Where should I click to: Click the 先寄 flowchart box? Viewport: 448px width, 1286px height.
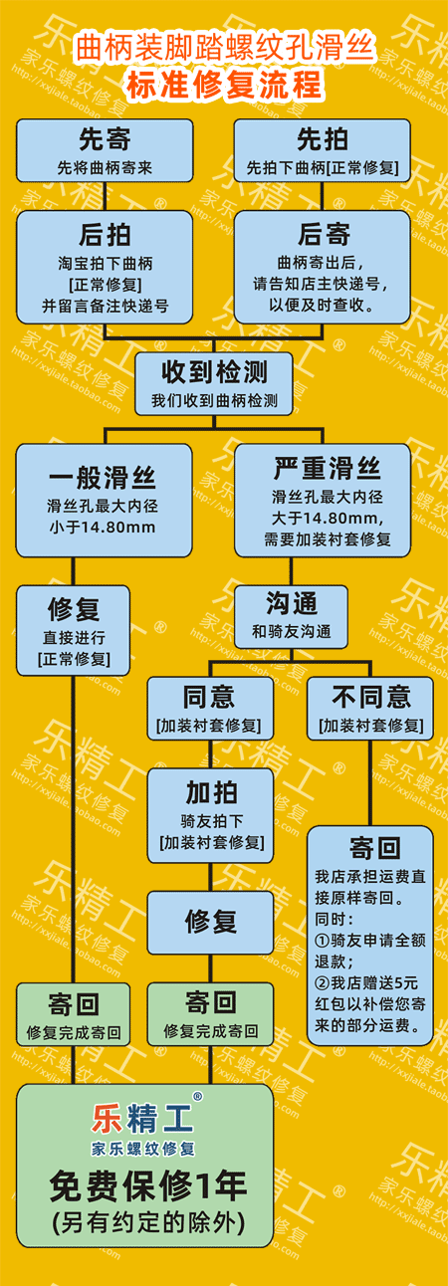(x=105, y=151)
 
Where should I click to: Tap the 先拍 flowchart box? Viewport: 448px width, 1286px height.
(x=323, y=151)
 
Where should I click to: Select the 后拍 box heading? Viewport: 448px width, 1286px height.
(x=105, y=235)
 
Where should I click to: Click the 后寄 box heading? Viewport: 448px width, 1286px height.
(x=324, y=234)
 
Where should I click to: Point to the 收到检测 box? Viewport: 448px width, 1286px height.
(x=214, y=383)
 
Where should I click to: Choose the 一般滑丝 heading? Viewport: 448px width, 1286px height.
(x=103, y=478)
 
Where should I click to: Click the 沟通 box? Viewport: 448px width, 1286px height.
(x=291, y=616)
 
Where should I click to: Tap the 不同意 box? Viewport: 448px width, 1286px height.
(x=370, y=708)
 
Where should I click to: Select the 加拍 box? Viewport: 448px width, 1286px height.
(x=210, y=816)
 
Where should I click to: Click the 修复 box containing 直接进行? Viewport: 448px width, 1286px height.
(x=73, y=630)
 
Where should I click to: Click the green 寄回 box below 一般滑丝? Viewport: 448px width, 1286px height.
(x=73, y=1014)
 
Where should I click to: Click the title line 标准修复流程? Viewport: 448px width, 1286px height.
(x=225, y=85)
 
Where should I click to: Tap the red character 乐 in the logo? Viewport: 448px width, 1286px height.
(x=107, y=1119)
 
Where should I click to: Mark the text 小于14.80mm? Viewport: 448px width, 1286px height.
(x=103, y=527)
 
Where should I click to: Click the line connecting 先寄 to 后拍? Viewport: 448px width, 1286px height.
(x=105, y=196)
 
